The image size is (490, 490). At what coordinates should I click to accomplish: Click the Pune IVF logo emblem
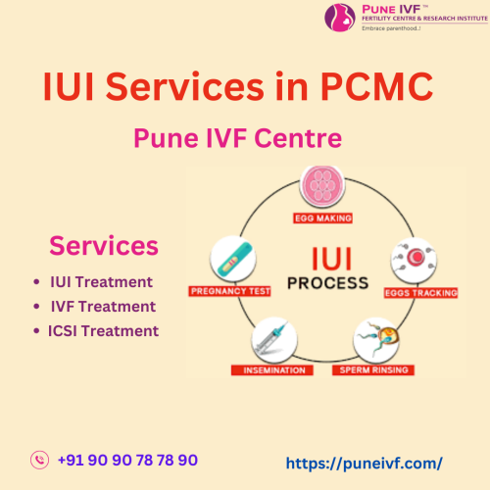click(340, 18)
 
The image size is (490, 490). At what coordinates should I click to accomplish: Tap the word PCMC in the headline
click(377, 86)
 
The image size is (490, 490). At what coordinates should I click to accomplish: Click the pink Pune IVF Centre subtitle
click(237, 138)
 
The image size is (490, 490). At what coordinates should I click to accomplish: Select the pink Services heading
click(104, 245)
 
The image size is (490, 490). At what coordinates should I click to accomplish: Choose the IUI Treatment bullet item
click(101, 282)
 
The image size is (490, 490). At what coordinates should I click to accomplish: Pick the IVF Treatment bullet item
click(103, 307)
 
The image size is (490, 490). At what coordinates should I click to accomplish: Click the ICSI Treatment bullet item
click(103, 331)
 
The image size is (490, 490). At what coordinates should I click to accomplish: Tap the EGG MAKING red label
click(322, 219)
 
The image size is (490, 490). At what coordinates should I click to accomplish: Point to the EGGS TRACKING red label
click(420, 293)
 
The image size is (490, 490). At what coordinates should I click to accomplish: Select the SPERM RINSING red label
click(373, 370)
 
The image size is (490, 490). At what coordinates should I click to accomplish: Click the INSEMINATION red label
click(272, 370)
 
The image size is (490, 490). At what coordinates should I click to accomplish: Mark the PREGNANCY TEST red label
click(229, 291)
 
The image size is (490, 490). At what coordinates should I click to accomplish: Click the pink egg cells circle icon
click(322, 187)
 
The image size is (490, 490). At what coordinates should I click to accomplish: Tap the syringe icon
click(274, 340)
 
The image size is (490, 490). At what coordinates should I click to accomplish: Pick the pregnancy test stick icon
click(233, 259)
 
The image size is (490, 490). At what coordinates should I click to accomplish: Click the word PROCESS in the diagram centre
click(328, 283)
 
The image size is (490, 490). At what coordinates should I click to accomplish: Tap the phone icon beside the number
click(39, 460)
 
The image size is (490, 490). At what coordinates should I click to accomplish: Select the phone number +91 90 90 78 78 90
click(127, 460)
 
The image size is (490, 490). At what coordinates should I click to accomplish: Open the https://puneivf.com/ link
click(365, 464)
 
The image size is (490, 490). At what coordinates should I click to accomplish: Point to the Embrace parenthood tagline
click(391, 28)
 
